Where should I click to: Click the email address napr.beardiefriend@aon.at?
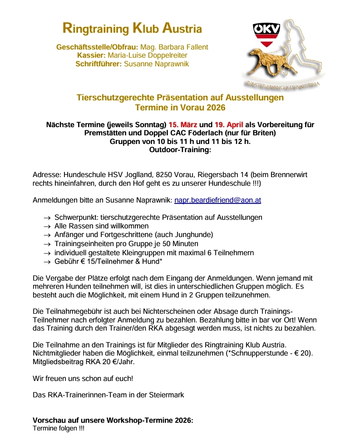coord(217,200)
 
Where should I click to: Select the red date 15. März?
coord(183,124)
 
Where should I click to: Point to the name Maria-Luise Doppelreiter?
coord(151,55)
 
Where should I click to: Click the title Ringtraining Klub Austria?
coord(132,29)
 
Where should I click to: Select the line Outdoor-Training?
coord(180,150)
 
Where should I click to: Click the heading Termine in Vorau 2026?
coord(180,108)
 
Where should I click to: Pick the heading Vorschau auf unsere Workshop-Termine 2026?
coord(113,420)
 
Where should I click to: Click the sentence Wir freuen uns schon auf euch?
coord(83,378)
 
